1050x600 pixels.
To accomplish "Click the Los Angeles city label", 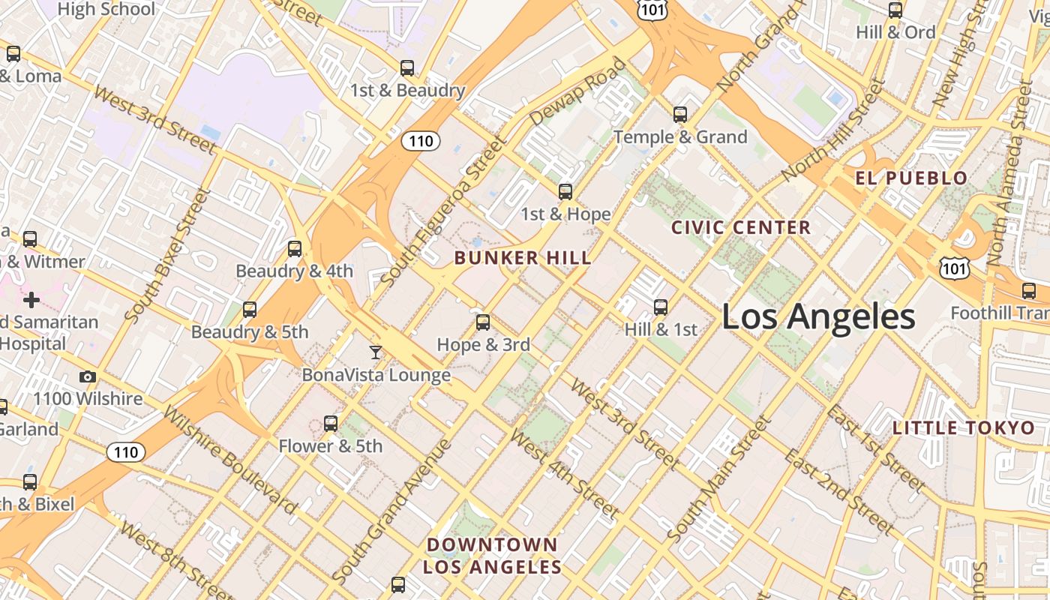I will (818, 316).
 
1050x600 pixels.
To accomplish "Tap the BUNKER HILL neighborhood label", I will (523, 258).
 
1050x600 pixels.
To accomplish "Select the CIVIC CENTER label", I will (741, 227).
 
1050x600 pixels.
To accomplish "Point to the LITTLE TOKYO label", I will (964, 428).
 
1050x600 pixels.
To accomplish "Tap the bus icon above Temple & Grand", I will (680, 115).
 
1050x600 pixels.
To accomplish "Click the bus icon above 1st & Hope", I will (565, 192).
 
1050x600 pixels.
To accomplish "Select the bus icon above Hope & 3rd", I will (483, 322).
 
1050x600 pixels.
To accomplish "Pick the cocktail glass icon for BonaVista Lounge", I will (376, 352).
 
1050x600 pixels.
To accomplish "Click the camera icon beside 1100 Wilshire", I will (88, 377).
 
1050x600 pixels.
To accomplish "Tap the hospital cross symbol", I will (31, 301).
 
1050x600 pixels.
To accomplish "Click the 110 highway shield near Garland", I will (126, 452).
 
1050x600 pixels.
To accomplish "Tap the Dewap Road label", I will (577, 92).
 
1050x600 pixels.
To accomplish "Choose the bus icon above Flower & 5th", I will (331, 424).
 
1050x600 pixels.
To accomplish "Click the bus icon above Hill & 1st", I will (661, 307).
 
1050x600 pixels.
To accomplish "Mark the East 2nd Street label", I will (839, 491).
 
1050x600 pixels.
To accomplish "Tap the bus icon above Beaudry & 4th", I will (295, 249).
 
